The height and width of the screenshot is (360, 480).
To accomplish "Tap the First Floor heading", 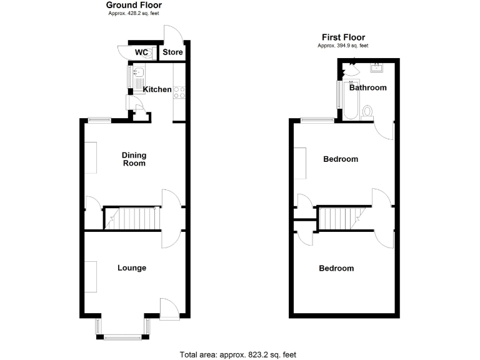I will pyautogui.click(x=343, y=37).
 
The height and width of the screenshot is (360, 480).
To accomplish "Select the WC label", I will pyautogui.click(x=142, y=52).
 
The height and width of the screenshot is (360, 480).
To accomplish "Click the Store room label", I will pyautogui.click(x=172, y=52).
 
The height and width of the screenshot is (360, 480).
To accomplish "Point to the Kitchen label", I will pyautogui.click(x=157, y=89).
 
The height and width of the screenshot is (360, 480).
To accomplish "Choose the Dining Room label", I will pyautogui.click(x=134, y=159).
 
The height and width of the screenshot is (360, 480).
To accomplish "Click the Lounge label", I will pyautogui.click(x=132, y=268).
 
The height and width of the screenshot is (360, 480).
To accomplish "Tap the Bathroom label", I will pyautogui.click(x=367, y=87).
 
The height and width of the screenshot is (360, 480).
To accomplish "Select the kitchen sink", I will pyautogui.click(x=137, y=78).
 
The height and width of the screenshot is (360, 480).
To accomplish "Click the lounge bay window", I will pyautogui.click(x=122, y=331).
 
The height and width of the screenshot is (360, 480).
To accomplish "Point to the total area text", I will pyautogui.click(x=237, y=354).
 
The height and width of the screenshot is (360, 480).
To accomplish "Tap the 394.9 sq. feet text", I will pyautogui.click(x=343, y=46).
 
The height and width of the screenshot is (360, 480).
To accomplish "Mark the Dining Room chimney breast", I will pyautogui.click(x=91, y=158).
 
